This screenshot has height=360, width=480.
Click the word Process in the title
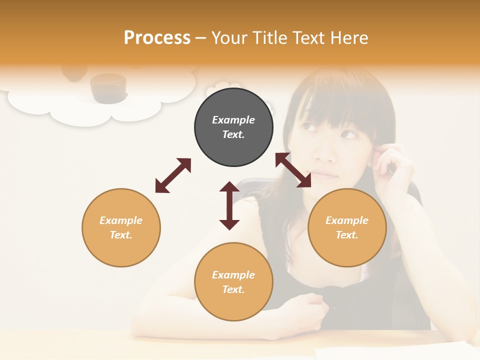tap(157, 38)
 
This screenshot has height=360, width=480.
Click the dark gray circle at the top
tap(233, 127)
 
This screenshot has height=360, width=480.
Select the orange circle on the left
tap(121, 227)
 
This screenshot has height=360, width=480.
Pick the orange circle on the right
tap(347, 227)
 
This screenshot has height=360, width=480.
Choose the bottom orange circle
tap(233, 282)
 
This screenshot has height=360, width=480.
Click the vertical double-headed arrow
tap(229, 205)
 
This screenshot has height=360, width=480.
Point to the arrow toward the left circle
tap(173, 175)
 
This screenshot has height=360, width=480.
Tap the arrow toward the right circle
tap(293, 170)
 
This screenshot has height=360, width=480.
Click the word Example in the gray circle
tap(233, 120)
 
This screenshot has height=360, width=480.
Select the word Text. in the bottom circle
tap(233, 289)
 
